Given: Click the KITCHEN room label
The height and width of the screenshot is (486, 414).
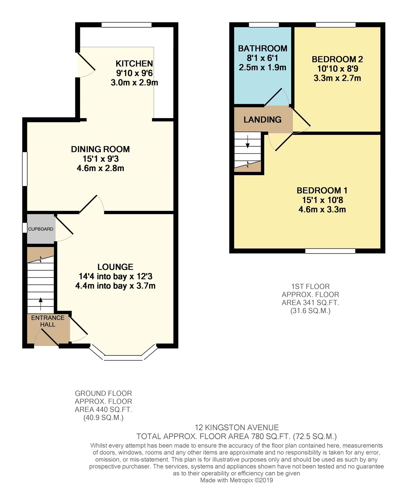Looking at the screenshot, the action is (x=134, y=63).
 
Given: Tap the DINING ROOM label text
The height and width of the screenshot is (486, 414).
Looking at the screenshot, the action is (x=100, y=149).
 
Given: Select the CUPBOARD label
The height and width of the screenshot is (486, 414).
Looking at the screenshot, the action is (x=41, y=229).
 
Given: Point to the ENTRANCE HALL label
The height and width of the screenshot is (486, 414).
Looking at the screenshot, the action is (x=48, y=321).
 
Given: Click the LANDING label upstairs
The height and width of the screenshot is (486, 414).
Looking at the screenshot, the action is (x=263, y=120).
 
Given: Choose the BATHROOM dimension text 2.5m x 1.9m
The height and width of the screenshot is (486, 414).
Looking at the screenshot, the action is (x=263, y=67).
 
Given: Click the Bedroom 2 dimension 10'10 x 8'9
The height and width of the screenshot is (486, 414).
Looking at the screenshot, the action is (x=338, y=69).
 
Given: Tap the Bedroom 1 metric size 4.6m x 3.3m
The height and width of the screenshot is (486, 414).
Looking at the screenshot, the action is (x=322, y=209).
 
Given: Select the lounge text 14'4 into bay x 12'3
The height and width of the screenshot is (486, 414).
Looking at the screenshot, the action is (x=115, y=276).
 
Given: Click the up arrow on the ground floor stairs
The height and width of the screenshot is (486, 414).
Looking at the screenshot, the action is (x=41, y=304).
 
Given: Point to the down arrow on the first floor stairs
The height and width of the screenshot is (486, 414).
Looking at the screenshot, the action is (x=248, y=142).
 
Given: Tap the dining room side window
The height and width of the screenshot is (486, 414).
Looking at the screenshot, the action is (x=25, y=169).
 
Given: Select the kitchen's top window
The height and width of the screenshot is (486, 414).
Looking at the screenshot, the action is (x=126, y=25).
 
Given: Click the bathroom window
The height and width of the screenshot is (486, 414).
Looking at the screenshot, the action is (x=264, y=25).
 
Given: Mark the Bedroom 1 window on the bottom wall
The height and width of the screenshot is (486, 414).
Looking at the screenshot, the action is (x=330, y=251).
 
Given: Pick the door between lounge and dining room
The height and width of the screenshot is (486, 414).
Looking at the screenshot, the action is (x=92, y=204).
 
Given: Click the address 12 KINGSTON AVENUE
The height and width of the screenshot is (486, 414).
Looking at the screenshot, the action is (x=237, y=428).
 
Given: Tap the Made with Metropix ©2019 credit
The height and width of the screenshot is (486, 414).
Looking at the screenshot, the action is (x=236, y=480).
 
